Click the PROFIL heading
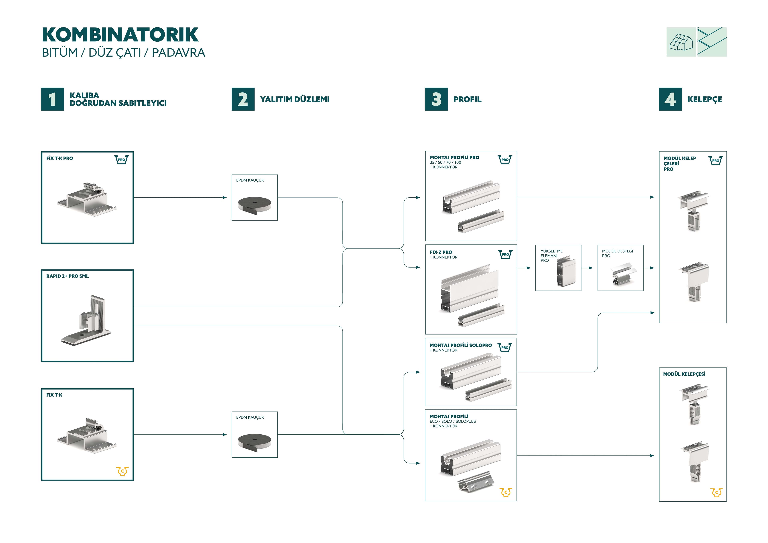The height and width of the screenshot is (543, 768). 467,99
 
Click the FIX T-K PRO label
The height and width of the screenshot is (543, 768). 60,158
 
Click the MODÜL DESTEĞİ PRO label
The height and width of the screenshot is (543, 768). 617,253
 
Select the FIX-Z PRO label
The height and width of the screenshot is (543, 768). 441,252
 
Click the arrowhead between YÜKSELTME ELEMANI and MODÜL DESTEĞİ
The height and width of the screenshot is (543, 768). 591,268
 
